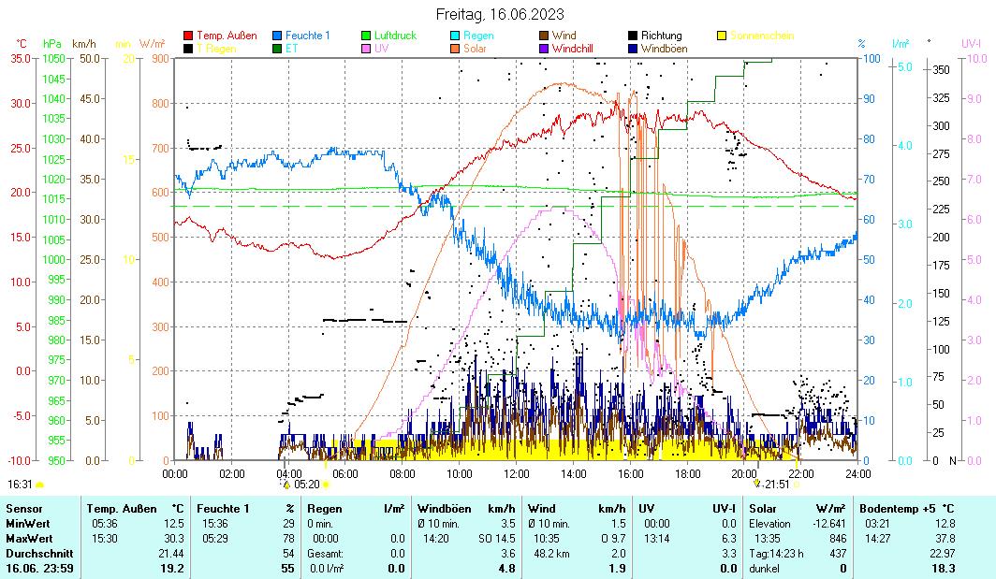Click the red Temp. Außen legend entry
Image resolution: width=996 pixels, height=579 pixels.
tap(227, 36)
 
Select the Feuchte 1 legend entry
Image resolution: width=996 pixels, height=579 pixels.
tap(308, 36)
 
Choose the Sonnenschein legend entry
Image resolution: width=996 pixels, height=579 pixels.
tap(761, 36)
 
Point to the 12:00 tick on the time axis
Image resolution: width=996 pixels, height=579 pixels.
tap(516, 473)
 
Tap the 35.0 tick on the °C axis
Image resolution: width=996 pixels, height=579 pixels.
tap(21, 58)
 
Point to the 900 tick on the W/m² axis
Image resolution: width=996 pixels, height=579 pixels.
tap(159, 58)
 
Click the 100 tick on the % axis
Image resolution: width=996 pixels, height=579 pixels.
tap(870, 58)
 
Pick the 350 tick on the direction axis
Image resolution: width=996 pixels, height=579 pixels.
tap(941, 69)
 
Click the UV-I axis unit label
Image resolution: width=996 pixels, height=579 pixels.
tap(971, 43)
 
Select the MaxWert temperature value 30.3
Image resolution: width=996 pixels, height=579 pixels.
tap(173, 539)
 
